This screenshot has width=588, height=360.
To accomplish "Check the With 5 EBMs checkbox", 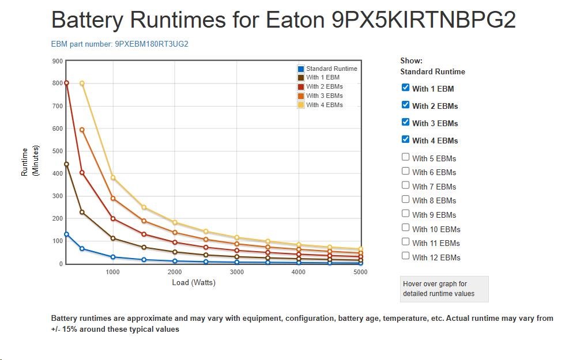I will [x=405, y=157].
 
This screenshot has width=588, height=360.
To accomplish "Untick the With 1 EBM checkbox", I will [x=405, y=88].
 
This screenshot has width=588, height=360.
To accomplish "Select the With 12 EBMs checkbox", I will [x=405, y=256].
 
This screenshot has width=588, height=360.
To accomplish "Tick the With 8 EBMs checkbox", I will [x=405, y=199].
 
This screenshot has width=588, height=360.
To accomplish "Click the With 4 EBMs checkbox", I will [x=405, y=139].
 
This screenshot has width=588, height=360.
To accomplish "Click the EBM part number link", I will [x=120, y=44].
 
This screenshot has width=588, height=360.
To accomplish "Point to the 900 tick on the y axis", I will [x=57, y=60].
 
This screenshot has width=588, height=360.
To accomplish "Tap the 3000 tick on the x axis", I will [x=236, y=272].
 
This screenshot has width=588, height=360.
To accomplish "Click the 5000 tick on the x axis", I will [x=360, y=272].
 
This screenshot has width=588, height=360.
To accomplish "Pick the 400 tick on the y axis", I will [x=57, y=173].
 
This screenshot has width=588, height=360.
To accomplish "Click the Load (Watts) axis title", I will [x=194, y=283].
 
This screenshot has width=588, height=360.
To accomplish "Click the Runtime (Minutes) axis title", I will [x=29, y=161].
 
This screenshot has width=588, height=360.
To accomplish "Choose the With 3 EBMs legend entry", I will [x=324, y=96].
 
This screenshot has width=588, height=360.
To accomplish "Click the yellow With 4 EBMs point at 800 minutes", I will [x=82, y=83].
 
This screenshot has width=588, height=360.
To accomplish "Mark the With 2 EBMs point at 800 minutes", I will [x=66, y=83].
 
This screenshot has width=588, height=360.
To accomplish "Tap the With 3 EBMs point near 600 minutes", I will [x=82, y=130].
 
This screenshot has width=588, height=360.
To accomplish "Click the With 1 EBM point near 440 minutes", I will [x=66, y=164].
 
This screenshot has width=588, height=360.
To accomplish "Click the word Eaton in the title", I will [x=295, y=20].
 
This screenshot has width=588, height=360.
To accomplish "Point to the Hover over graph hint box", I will [x=444, y=289].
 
